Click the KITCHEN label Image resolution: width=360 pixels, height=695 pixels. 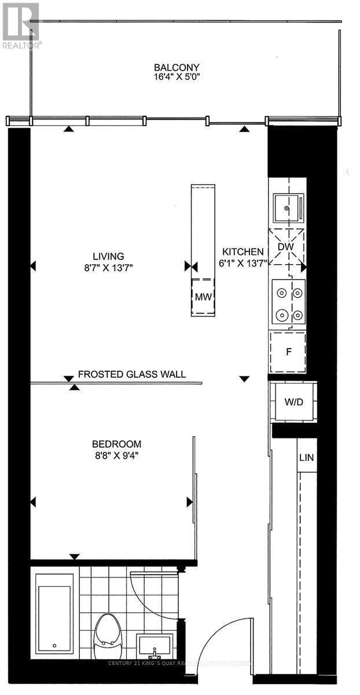tap(244, 252)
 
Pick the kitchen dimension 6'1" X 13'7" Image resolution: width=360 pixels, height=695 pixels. tap(244, 263)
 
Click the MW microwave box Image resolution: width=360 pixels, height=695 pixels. tap(203, 297)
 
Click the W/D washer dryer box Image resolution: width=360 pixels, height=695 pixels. tap(292, 401)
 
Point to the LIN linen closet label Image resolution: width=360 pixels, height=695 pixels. tap(306, 458)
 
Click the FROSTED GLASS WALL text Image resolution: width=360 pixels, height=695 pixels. tap(132, 374)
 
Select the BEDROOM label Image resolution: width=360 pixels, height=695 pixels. tap(116, 444)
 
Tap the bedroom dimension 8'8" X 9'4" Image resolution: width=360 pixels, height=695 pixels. tap(116, 455)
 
